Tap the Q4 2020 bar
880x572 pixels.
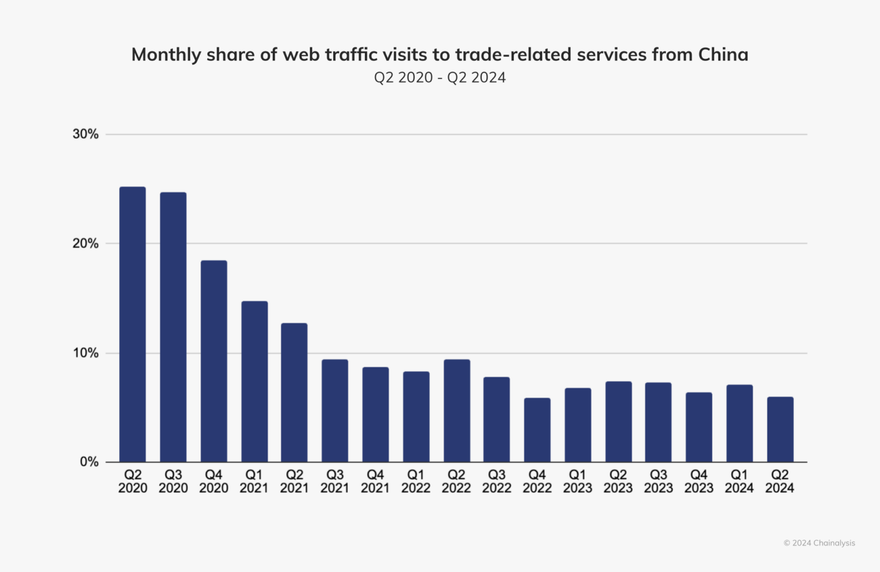pyautogui.click(x=214, y=361)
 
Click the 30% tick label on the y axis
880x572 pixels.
pyautogui.click(x=86, y=134)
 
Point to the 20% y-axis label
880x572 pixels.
pyautogui.click(x=86, y=243)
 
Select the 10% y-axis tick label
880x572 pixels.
pyautogui.click(x=86, y=353)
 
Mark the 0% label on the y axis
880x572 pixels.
pyautogui.click(x=89, y=462)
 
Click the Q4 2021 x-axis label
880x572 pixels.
pyautogui.click(x=375, y=481)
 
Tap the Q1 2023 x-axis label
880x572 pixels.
pyautogui.click(x=578, y=481)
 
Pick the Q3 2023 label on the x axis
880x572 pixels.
pyautogui.click(x=658, y=481)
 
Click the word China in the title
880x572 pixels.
pyautogui.click(x=723, y=55)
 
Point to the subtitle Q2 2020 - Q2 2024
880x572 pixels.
pyautogui.click(x=440, y=77)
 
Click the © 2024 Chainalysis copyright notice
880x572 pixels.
pyautogui.click(x=819, y=543)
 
